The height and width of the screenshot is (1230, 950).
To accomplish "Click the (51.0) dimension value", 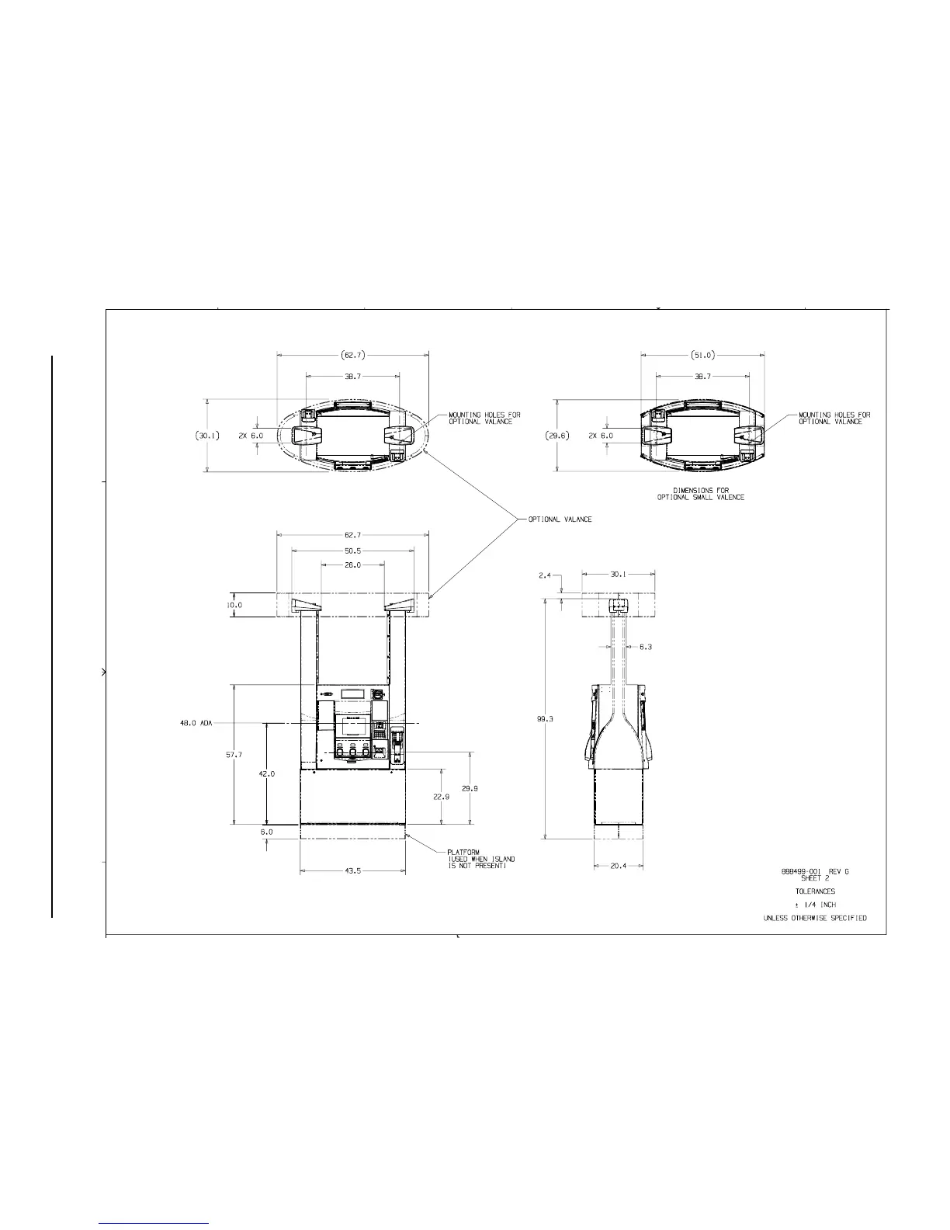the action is pyautogui.click(x=702, y=355).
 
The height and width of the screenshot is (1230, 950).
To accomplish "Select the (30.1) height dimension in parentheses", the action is pyautogui.click(x=208, y=436).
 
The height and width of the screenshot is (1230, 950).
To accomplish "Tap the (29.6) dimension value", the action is pyautogui.click(x=557, y=436).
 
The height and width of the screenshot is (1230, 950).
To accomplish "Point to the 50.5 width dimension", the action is pyautogui.click(x=352, y=551).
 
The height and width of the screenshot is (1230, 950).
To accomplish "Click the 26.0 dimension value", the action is pyautogui.click(x=352, y=565).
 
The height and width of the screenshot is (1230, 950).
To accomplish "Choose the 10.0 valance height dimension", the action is pyautogui.click(x=234, y=605).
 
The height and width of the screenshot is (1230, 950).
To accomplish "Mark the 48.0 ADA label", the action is pyautogui.click(x=196, y=724).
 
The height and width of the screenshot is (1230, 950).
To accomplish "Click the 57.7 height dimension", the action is pyautogui.click(x=234, y=755).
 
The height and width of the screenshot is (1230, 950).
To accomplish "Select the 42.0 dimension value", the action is pyautogui.click(x=267, y=774).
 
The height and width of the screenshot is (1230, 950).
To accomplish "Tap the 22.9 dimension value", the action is pyautogui.click(x=442, y=797).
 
